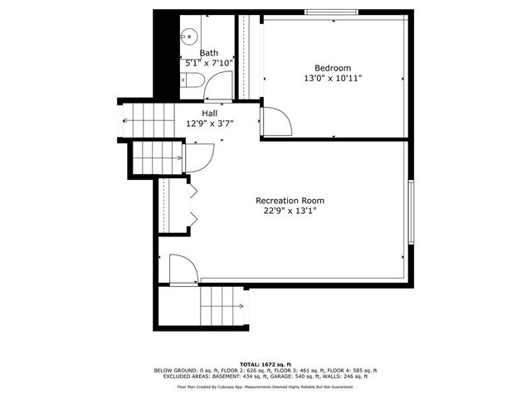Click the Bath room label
(x=209, y=53)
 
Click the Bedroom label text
(x=332, y=68)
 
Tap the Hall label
(x=209, y=114)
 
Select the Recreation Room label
(x=290, y=201)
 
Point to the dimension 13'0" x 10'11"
(x=332, y=78)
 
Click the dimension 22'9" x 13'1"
(x=290, y=211)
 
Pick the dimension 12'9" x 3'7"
(x=209, y=124)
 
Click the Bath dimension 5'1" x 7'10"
(x=209, y=63)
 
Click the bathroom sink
(x=188, y=36)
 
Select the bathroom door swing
(x=219, y=86)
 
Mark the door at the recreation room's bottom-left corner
(x=183, y=270)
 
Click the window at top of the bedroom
(x=332, y=12)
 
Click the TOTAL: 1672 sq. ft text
(x=265, y=364)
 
